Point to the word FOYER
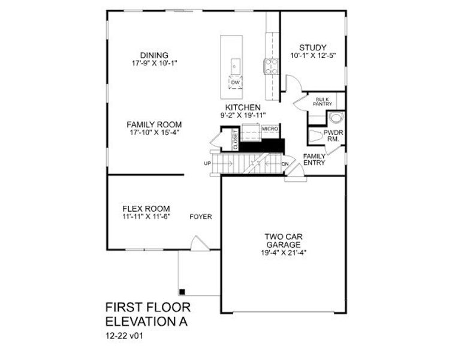click(x=201, y=217)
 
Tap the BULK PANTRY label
click(x=322, y=101)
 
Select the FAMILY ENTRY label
click(x=314, y=160)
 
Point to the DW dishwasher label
click(x=236, y=82)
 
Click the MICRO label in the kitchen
click(x=268, y=129)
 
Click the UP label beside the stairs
click(x=208, y=163)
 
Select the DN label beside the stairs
click(x=285, y=163)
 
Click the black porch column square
click(x=183, y=292)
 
